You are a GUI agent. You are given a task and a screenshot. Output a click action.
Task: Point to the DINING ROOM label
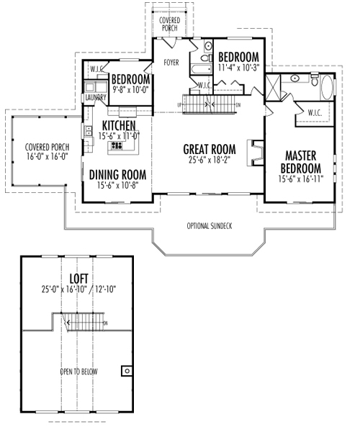point(117,174)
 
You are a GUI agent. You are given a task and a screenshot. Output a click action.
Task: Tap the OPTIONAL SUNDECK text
point(209,226)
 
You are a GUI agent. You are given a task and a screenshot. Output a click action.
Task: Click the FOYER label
point(171,63)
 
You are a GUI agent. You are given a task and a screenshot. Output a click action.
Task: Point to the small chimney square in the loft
point(127,371)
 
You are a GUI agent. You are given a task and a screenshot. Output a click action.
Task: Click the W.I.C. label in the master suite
point(315,112)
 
